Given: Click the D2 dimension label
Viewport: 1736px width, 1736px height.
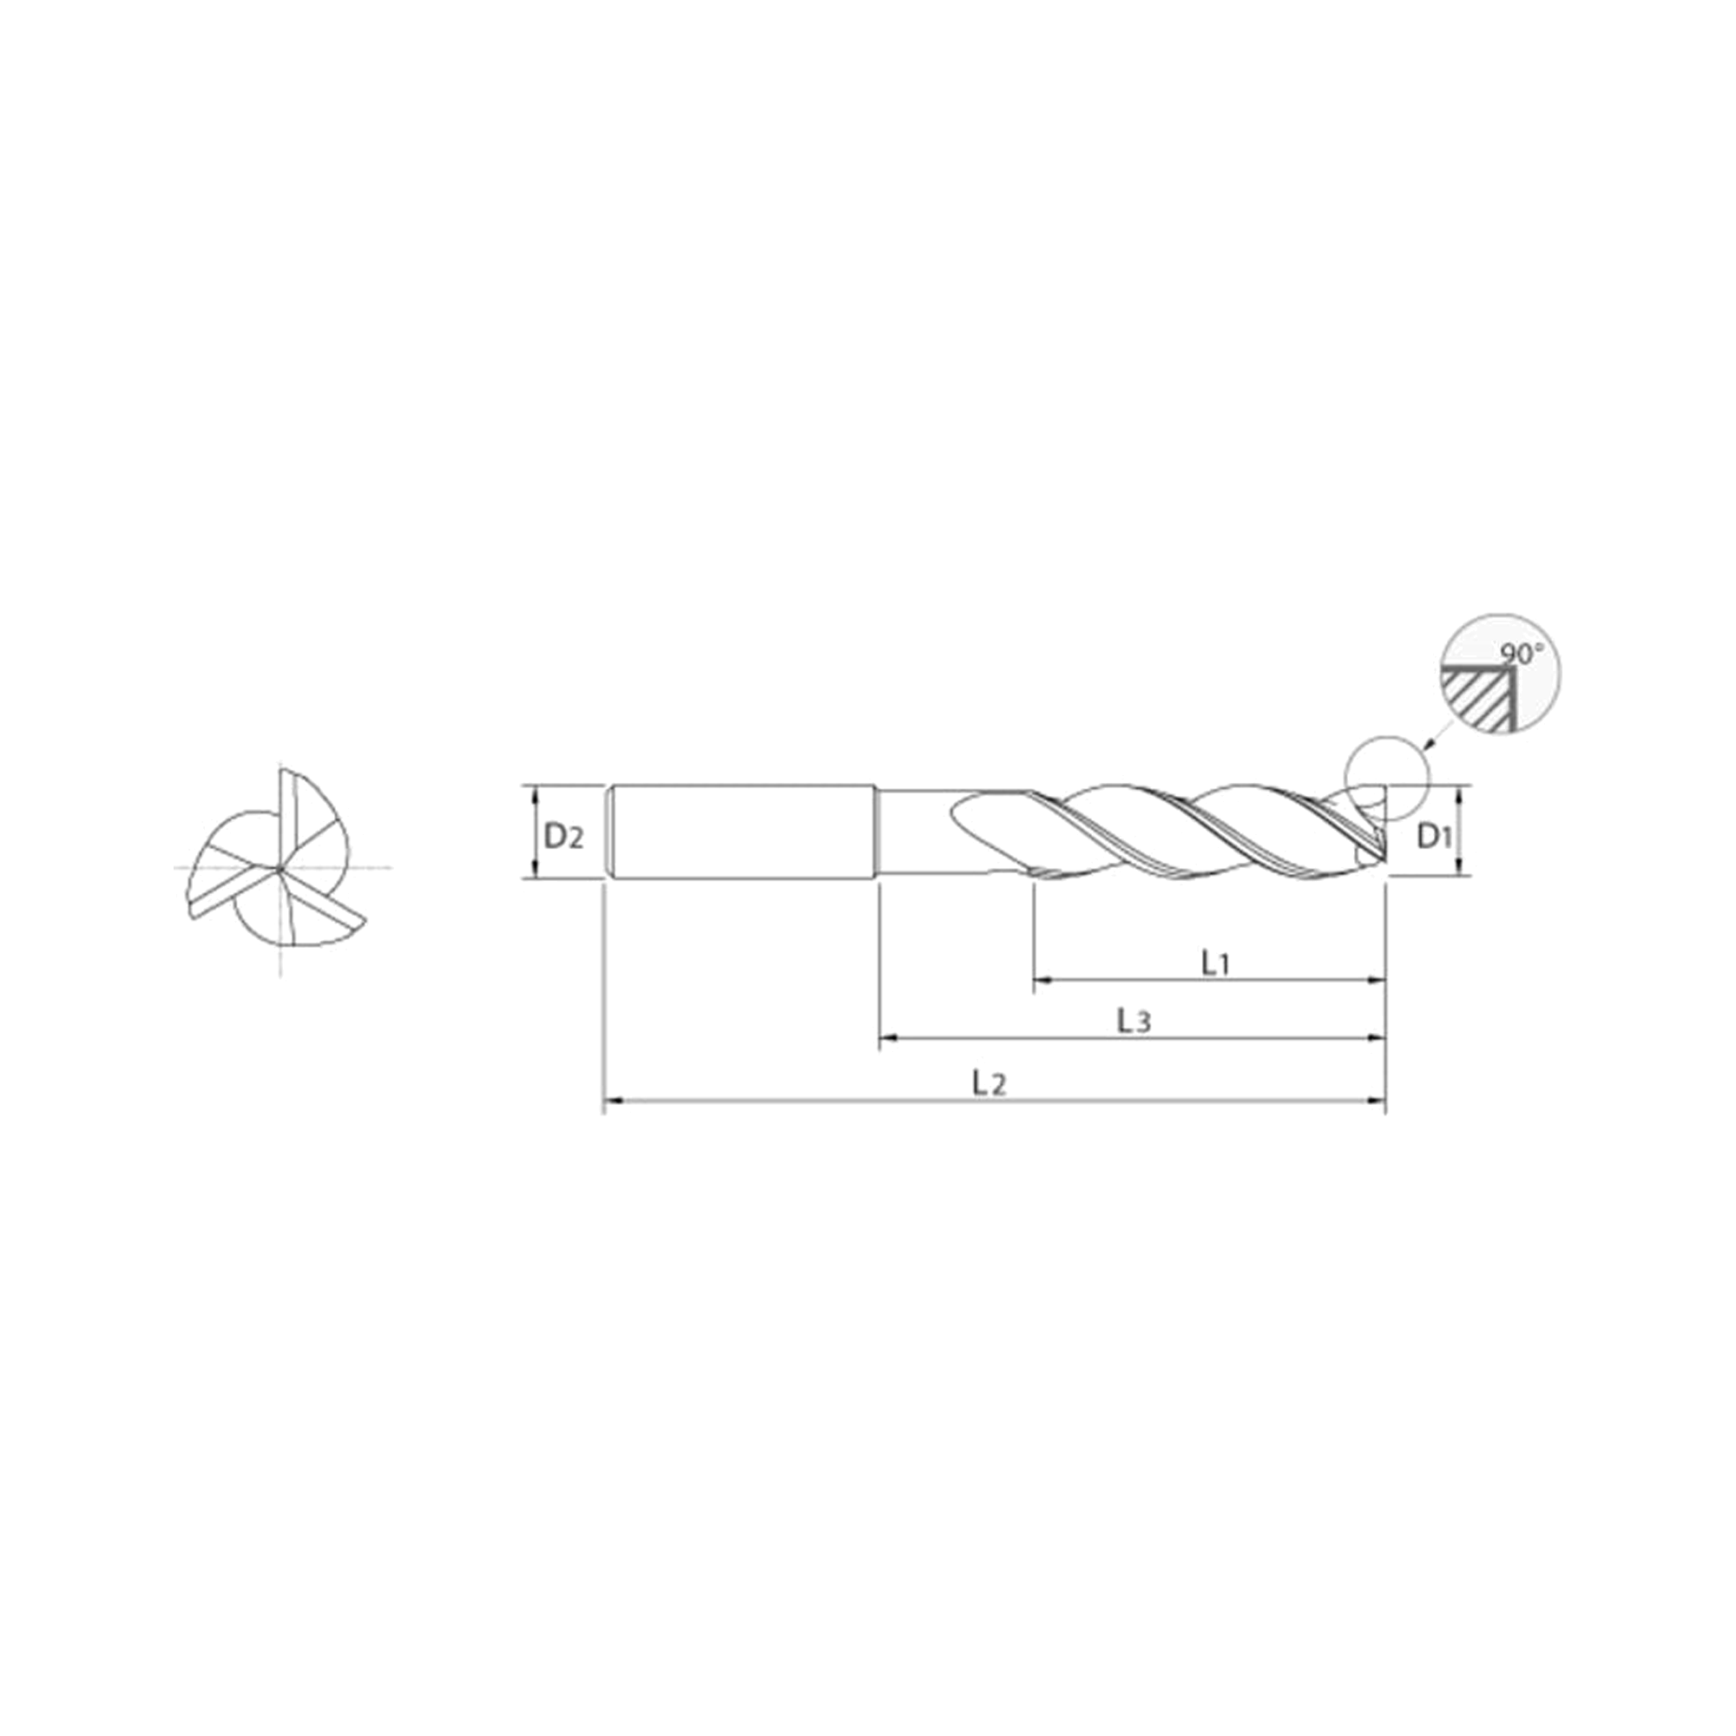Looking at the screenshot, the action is (563, 837).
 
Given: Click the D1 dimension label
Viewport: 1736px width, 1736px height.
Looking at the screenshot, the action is (1435, 837).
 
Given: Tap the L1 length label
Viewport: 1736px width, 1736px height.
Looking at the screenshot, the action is (1215, 963).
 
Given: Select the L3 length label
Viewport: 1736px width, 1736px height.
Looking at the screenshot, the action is (1134, 1021).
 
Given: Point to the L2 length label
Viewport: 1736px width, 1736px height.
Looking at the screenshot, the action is (990, 1082).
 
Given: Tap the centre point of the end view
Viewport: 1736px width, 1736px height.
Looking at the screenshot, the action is (281, 867).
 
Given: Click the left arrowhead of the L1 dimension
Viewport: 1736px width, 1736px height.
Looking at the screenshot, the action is (1042, 979).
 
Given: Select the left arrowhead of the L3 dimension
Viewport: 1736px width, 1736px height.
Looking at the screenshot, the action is (887, 1038).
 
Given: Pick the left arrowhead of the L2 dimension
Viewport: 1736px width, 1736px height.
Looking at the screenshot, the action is (612, 1099).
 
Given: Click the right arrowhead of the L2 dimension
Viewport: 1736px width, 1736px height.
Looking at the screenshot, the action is (1377, 1099).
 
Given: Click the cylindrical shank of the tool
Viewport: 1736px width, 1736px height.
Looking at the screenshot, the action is (742, 832).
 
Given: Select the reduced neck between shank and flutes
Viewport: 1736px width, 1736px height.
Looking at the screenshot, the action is (917, 832).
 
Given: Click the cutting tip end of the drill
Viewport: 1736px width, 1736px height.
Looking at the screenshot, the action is (1384, 832).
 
